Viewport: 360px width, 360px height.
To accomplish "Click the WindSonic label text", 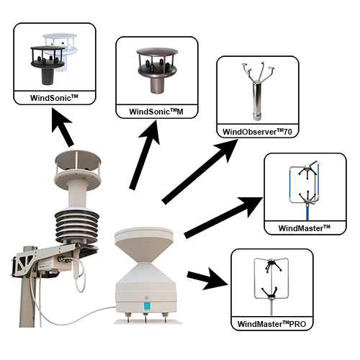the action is (x=54, y=98).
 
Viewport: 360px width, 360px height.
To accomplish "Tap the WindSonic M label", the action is (x=156, y=112).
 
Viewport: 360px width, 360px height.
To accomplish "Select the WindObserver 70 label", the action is (x=257, y=132).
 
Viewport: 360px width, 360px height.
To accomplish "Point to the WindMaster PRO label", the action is (x=271, y=324).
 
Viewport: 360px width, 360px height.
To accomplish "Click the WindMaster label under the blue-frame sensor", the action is (x=305, y=228).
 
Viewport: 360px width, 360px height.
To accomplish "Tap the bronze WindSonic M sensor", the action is (x=157, y=70).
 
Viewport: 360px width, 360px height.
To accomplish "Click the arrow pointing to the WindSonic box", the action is (x=63, y=127).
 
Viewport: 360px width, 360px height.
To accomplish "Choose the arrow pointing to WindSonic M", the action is (x=145, y=155).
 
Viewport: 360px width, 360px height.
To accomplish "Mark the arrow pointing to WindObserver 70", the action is (x=199, y=171).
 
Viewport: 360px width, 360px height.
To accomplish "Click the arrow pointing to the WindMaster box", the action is (x=223, y=217).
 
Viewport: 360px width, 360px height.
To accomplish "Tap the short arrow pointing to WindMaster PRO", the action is (x=207, y=279).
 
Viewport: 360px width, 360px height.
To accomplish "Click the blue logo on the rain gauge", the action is (x=147, y=307).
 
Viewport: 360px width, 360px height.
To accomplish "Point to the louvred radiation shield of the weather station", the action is (x=77, y=226).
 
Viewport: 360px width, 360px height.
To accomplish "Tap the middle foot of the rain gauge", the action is (x=145, y=318).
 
